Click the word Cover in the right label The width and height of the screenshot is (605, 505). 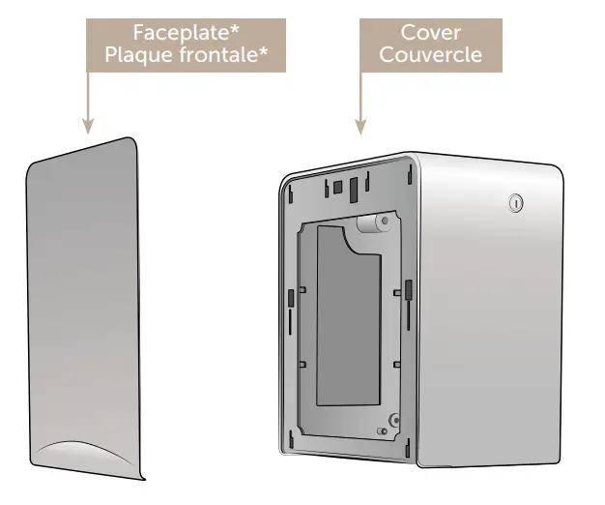coord(430,33)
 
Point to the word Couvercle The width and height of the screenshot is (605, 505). coord(430,54)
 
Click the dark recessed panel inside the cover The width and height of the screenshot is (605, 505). coord(347,319)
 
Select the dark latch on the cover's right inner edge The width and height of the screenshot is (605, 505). coord(409,288)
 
